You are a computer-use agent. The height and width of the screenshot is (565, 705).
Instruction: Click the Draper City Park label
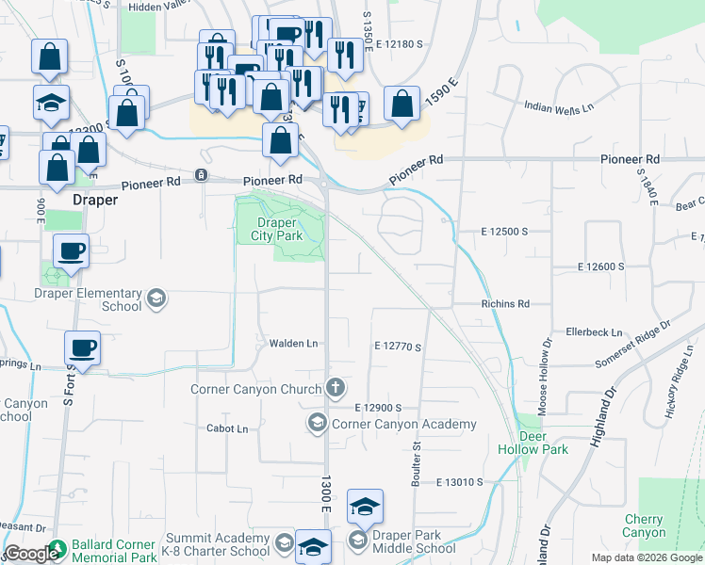(x=280, y=229)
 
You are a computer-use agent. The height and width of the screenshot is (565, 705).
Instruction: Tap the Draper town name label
(x=94, y=200)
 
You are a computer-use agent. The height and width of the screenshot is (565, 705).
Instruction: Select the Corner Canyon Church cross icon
(x=335, y=387)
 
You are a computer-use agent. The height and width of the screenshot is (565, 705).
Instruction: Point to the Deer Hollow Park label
(x=543, y=443)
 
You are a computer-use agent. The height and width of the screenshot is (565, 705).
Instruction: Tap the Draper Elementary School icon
(x=156, y=299)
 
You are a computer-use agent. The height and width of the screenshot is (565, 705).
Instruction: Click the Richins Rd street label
(x=505, y=304)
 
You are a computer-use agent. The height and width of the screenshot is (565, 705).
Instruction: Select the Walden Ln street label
(x=293, y=344)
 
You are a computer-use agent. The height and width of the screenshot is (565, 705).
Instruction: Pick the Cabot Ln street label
(x=227, y=428)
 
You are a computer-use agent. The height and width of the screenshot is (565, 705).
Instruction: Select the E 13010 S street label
(x=459, y=482)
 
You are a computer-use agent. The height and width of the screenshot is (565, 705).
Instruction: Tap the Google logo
(x=30, y=554)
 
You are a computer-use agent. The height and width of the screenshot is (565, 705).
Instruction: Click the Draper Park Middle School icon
(x=357, y=541)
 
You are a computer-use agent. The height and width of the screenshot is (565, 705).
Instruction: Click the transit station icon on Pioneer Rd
(x=201, y=175)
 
